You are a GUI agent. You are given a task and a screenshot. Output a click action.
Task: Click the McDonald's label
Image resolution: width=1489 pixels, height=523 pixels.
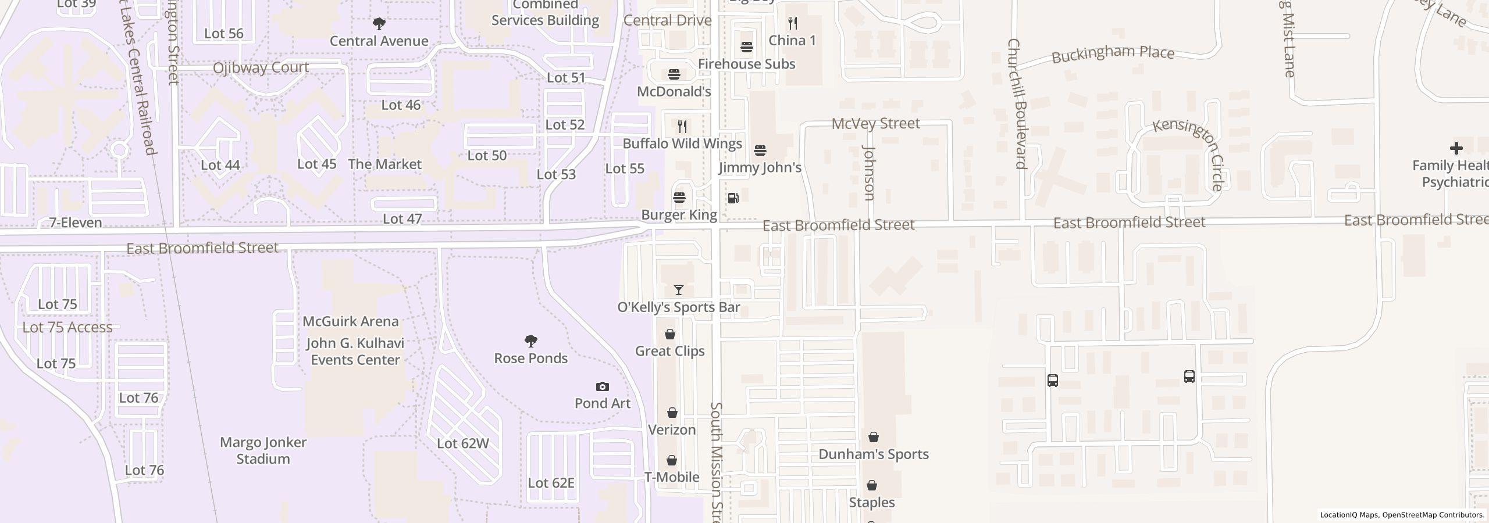(674, 92)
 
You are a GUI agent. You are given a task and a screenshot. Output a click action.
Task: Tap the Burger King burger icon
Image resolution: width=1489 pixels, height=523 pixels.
(679, 198)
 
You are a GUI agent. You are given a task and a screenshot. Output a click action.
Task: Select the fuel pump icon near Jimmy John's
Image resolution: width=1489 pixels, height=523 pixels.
(733, 198)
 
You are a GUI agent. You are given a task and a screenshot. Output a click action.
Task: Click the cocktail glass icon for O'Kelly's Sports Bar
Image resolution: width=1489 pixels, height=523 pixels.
(678, 290)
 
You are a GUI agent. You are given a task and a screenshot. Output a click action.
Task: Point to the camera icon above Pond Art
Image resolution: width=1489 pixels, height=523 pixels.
(603, 386)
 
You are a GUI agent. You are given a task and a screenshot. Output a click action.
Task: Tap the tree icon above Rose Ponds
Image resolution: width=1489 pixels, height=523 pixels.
(530, 341)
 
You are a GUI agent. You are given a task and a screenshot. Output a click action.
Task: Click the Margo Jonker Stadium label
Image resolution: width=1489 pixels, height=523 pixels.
(263, 450)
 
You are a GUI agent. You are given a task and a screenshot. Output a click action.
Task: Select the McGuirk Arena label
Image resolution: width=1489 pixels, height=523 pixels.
(351, 321)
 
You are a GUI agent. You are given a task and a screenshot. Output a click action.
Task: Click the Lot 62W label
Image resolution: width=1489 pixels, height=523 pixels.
(462, 443)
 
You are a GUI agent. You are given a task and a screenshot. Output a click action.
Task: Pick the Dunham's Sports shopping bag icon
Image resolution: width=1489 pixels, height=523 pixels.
(873, 437)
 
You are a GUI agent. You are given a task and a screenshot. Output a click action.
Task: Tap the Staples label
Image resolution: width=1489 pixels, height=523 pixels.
(871, 502)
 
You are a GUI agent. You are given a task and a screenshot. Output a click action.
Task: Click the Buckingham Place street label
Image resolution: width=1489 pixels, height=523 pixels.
(1113, 54)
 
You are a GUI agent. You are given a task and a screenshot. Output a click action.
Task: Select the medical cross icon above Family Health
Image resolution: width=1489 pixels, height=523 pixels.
(1456, 148)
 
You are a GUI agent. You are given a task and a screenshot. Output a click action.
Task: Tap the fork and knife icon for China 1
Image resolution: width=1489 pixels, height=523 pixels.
(792, 23)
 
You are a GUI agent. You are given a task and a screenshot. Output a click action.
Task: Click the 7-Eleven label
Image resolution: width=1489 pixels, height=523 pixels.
(76, 223)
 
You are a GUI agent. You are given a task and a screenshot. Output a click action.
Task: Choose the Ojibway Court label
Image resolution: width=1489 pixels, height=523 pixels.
(261, 67)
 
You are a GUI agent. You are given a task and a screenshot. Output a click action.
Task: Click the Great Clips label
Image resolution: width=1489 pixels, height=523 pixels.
(669, 351)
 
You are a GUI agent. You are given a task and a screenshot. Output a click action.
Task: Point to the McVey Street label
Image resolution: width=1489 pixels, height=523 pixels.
(875, 123)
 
